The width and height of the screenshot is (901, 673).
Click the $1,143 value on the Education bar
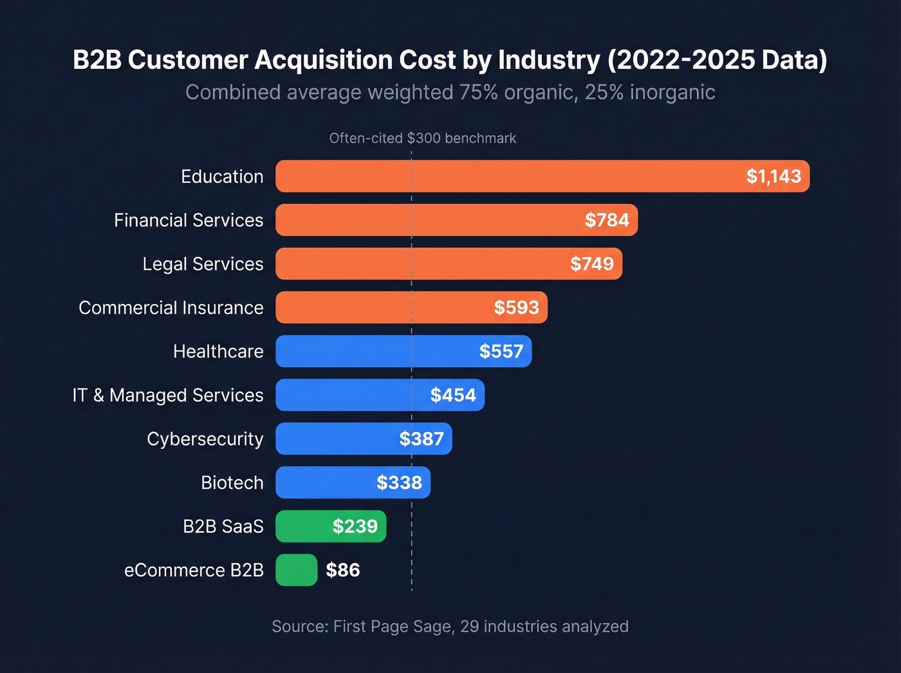(774, 176)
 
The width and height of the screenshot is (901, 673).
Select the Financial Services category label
(189, 220)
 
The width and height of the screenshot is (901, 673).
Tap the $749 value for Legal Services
(591, 264)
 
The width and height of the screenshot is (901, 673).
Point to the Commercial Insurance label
(171, 308)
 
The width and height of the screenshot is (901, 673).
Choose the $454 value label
(453, 395)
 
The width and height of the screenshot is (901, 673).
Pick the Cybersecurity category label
(205, 439)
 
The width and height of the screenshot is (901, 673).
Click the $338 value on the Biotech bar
(399, 483)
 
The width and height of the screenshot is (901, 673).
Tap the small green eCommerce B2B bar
(297, 571)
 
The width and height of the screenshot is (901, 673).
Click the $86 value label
(342, 571)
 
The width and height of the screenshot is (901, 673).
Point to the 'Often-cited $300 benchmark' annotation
(422, 138)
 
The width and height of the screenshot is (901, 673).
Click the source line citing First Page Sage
(450, 627)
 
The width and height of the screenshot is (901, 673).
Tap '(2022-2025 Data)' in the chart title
(717, 60)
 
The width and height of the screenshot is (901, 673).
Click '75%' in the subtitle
(478, 93)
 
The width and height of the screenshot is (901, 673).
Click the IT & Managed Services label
(168, 395)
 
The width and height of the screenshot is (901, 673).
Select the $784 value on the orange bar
(606, 220)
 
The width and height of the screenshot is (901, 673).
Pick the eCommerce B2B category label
(194, 571)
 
